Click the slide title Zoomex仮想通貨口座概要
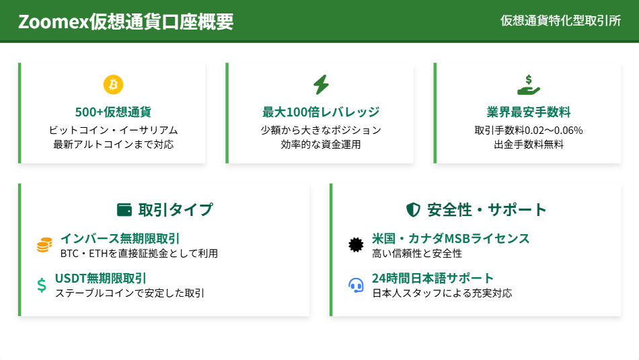(126, 22)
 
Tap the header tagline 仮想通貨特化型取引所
(560, 21)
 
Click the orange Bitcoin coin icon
(113, 85)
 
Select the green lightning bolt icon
(321, 85)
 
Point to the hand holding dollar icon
(529, 85)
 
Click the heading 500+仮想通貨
(113, 112)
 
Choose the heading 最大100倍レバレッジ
(321, 112)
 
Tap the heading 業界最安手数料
(529, 112)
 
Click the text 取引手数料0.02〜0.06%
(529, 130)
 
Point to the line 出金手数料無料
(529, 144)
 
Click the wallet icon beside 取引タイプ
(124, 209)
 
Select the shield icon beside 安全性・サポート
(413, 209)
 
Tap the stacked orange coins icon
(44, 245)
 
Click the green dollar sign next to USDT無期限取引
(42, 285)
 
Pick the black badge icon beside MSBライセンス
(356, 245)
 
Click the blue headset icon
(356, 285)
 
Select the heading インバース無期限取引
(120, 238)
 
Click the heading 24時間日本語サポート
(433, 278)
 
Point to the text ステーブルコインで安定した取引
(130, 293)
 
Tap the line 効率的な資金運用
(321, 144)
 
